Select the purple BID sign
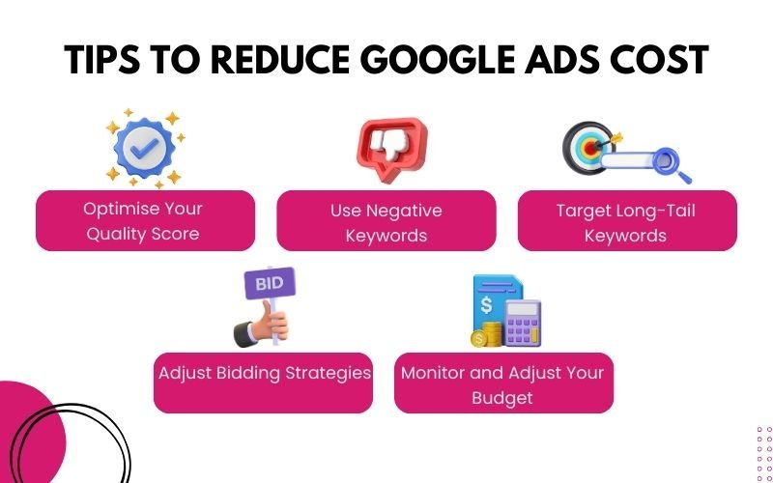[269, 283]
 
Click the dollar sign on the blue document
[487, 304]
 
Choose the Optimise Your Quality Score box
[145, 221]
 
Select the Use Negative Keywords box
[386, 221]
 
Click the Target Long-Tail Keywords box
[627, 221]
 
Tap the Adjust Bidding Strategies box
[263, 383]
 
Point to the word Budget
[503, 397]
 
